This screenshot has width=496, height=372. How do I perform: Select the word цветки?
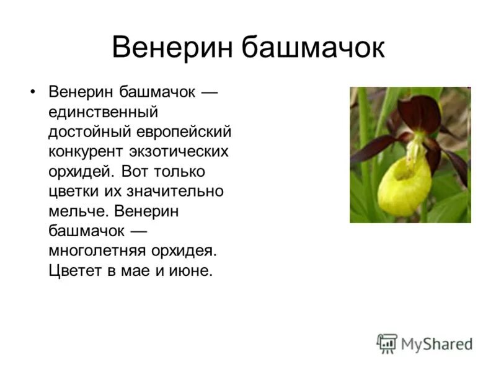pos(71,191)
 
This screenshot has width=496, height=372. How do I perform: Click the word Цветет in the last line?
pos(71,271)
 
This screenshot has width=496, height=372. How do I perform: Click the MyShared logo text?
pos(437,343)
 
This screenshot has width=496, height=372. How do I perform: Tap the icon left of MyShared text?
pos(387,343)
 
